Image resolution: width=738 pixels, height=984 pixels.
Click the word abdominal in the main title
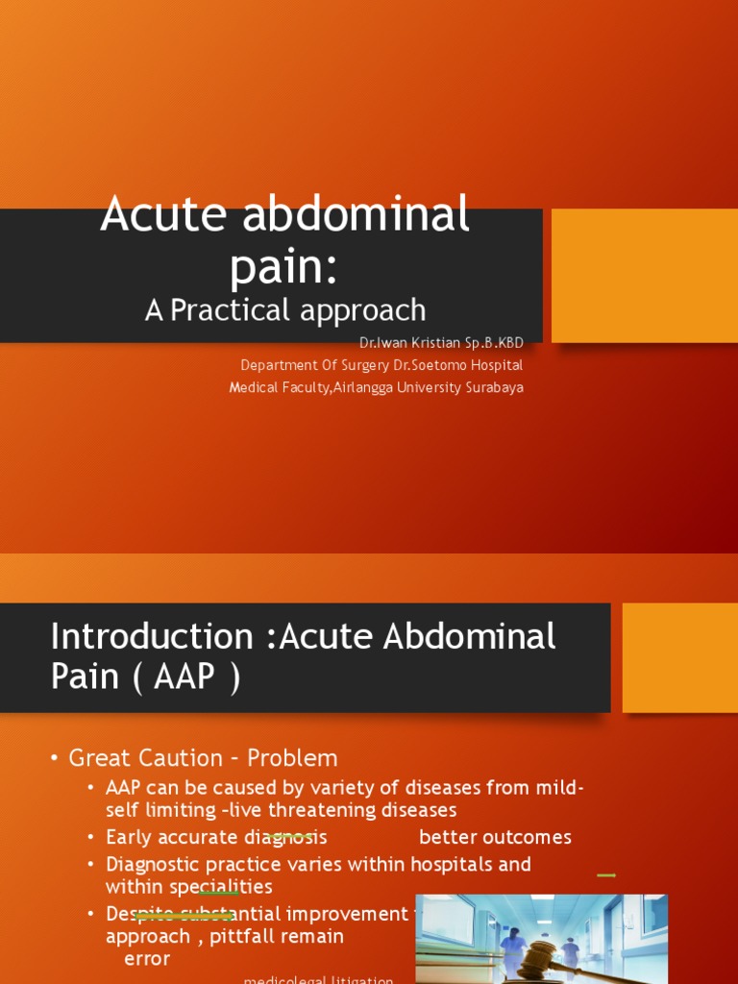coord(359,214)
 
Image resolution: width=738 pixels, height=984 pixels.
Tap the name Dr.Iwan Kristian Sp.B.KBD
coord(441,343)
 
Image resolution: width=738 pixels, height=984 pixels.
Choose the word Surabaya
coord(493,387)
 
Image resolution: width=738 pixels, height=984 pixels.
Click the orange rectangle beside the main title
coord(644,276)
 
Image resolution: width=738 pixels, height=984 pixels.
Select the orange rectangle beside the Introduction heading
coord(680,657)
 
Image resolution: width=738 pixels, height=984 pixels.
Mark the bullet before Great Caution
coord(55,758)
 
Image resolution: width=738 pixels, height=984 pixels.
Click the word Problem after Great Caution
coord(292,758)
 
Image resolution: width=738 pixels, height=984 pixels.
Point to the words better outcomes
coord(495,837)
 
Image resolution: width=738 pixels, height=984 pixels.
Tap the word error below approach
coord(147,959)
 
